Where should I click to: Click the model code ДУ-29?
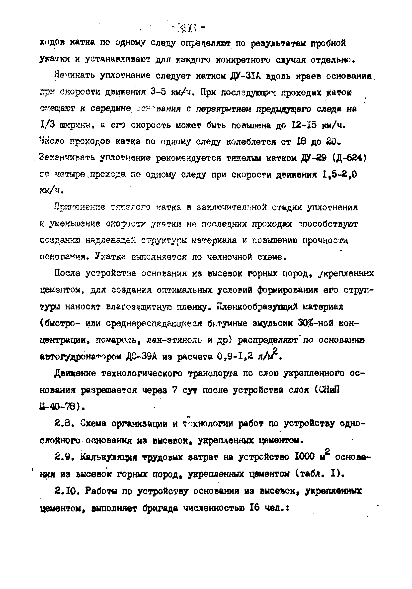[x=316, y=158]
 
